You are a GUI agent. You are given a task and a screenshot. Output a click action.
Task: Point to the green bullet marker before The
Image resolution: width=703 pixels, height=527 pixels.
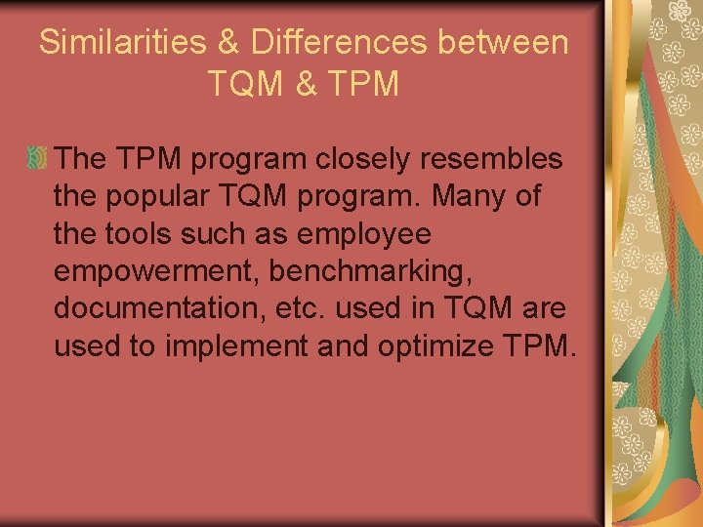37,157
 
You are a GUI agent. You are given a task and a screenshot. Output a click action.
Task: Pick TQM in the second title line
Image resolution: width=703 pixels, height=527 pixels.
245,84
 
